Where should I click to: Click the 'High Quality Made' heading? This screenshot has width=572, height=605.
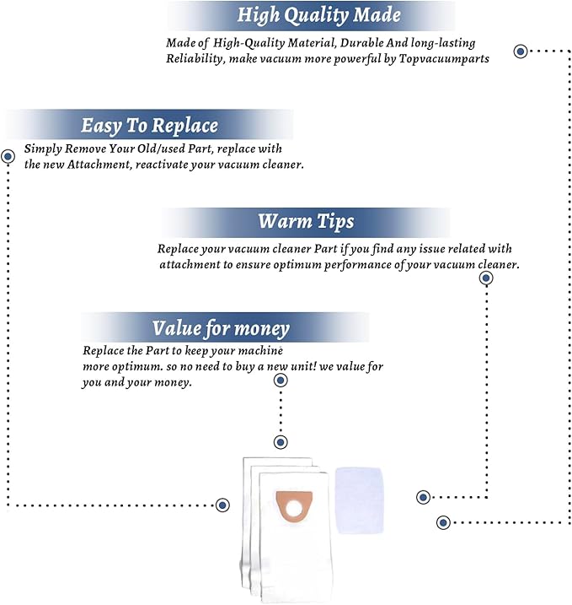tap(319, 15)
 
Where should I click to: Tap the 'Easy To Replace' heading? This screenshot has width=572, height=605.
tap(149, 126)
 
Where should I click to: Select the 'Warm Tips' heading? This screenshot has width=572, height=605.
tap(306, 222)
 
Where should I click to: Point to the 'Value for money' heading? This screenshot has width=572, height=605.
tap(221, 329)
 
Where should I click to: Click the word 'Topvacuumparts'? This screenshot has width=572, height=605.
tap(444, 59)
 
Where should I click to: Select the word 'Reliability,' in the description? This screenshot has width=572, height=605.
tap(195, 59)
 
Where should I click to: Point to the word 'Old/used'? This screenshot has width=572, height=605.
tap(159, 149)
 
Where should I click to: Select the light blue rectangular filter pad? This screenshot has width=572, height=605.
tap(360, 500)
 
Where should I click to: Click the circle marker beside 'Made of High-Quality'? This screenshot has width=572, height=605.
tap(521, 51)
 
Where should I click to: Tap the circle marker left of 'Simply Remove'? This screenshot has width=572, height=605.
tap(8, 156)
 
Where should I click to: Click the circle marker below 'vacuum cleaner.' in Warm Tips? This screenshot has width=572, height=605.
tap(486, 278)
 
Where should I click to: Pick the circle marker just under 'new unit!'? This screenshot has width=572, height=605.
tap(281, 381)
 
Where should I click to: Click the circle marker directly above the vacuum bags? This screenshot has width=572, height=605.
tap(281, 442)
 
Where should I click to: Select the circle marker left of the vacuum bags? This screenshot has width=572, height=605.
tap(222, 505)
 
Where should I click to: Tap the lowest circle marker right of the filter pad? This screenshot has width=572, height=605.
tap(443, 523)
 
